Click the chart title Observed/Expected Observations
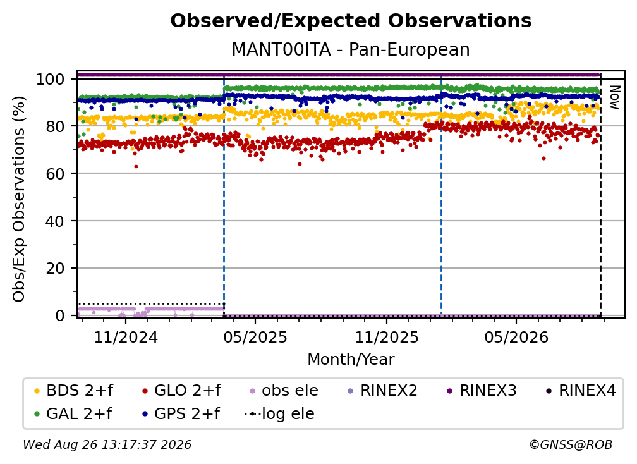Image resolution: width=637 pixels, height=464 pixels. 351,21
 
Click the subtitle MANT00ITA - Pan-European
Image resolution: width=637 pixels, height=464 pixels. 351,50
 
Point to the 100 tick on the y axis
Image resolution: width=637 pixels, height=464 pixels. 50,79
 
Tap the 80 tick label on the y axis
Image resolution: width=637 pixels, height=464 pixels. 55,126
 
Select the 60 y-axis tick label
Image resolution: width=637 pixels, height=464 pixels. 55,173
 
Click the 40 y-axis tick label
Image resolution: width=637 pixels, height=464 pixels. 55,221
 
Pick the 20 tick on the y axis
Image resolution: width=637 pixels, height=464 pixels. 55,268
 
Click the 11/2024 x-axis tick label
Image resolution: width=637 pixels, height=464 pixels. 126,338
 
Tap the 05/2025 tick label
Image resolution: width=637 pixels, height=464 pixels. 255,338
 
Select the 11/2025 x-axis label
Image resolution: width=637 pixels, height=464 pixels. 387,338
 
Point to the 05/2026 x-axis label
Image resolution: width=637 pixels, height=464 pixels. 516,338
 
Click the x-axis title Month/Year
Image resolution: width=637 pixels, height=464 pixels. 351,360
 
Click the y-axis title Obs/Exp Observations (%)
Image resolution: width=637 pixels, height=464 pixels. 19,199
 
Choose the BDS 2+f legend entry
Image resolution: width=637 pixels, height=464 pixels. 74,391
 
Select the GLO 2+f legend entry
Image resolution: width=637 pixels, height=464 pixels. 181,391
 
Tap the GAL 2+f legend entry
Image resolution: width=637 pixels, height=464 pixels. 73,414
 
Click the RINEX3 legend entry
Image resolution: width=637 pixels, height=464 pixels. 482,391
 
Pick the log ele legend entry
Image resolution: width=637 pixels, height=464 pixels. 279,414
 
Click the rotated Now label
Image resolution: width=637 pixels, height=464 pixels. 615,97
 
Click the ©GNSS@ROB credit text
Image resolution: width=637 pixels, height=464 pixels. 571,445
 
